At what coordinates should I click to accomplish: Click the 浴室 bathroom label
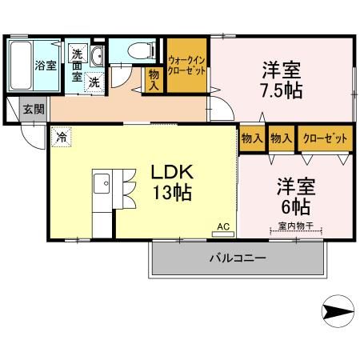coord(46,66)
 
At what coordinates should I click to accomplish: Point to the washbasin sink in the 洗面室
coord(95,55)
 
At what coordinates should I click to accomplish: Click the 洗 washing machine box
coord(94,82)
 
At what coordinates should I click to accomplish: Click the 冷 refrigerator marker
coord(62,137)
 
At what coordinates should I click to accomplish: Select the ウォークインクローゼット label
coord(187,66)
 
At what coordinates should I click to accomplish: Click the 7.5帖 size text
coord(279,90)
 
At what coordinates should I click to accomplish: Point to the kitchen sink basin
coord(103,186)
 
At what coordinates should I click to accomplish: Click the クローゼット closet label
coord(325,138)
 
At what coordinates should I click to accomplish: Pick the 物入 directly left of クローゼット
coord(281,138)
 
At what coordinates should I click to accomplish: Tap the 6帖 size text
coord(296,207)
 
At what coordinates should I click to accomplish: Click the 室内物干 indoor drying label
coord(297,226)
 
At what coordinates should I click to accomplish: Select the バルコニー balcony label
coord(238,258)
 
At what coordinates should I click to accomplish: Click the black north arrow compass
coord(337,310)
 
